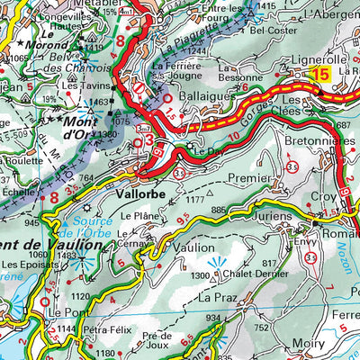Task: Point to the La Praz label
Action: coord(216,296)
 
